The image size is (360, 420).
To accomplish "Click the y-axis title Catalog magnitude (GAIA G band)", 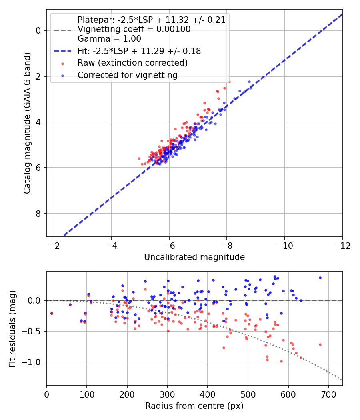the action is point(27,123).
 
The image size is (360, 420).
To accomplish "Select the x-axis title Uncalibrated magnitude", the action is point(194,257).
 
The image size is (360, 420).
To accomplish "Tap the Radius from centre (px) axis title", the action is point(194,406).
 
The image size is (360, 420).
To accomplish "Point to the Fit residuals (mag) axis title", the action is point(12,329).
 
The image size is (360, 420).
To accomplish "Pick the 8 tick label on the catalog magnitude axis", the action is point(38,214).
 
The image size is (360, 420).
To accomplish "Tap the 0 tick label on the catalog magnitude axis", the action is point(38,30).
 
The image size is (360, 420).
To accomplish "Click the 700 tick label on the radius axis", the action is point(328,394).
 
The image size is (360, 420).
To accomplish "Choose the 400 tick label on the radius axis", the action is point(208,394).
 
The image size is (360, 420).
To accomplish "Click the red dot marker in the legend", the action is point(63,64).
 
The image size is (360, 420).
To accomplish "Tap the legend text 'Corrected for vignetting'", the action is point(128,75).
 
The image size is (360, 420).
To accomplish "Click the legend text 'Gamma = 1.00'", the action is point(109,39).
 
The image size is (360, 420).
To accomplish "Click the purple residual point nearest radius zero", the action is point(52,313).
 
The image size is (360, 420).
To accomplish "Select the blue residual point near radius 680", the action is point(320,278).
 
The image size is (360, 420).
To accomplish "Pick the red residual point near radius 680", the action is point(320,345).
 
